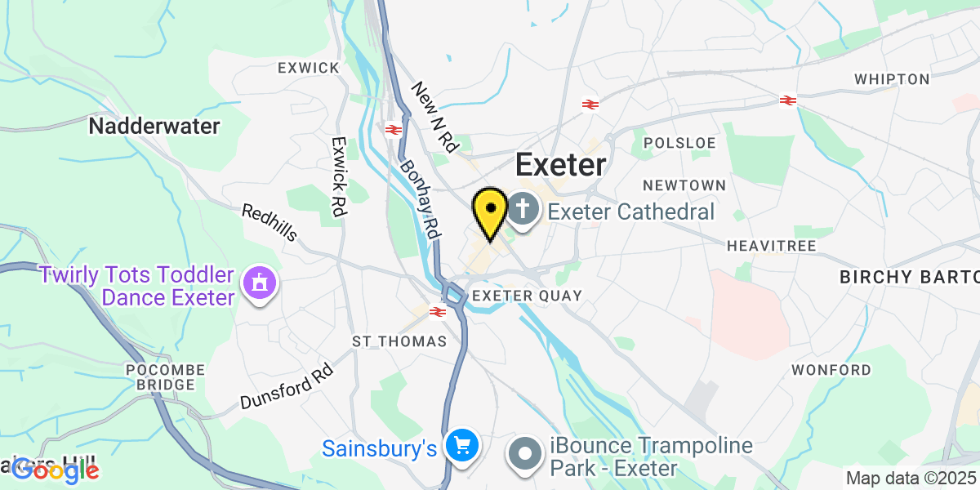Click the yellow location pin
490,210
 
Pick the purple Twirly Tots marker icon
260,283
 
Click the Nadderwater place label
154,127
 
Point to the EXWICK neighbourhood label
308,68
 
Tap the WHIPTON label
892,79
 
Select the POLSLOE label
679,143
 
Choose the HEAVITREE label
766,245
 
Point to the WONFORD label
831,370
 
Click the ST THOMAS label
399,341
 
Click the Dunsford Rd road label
287,389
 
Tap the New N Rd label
435,117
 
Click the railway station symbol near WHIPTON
787,100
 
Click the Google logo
56,470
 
